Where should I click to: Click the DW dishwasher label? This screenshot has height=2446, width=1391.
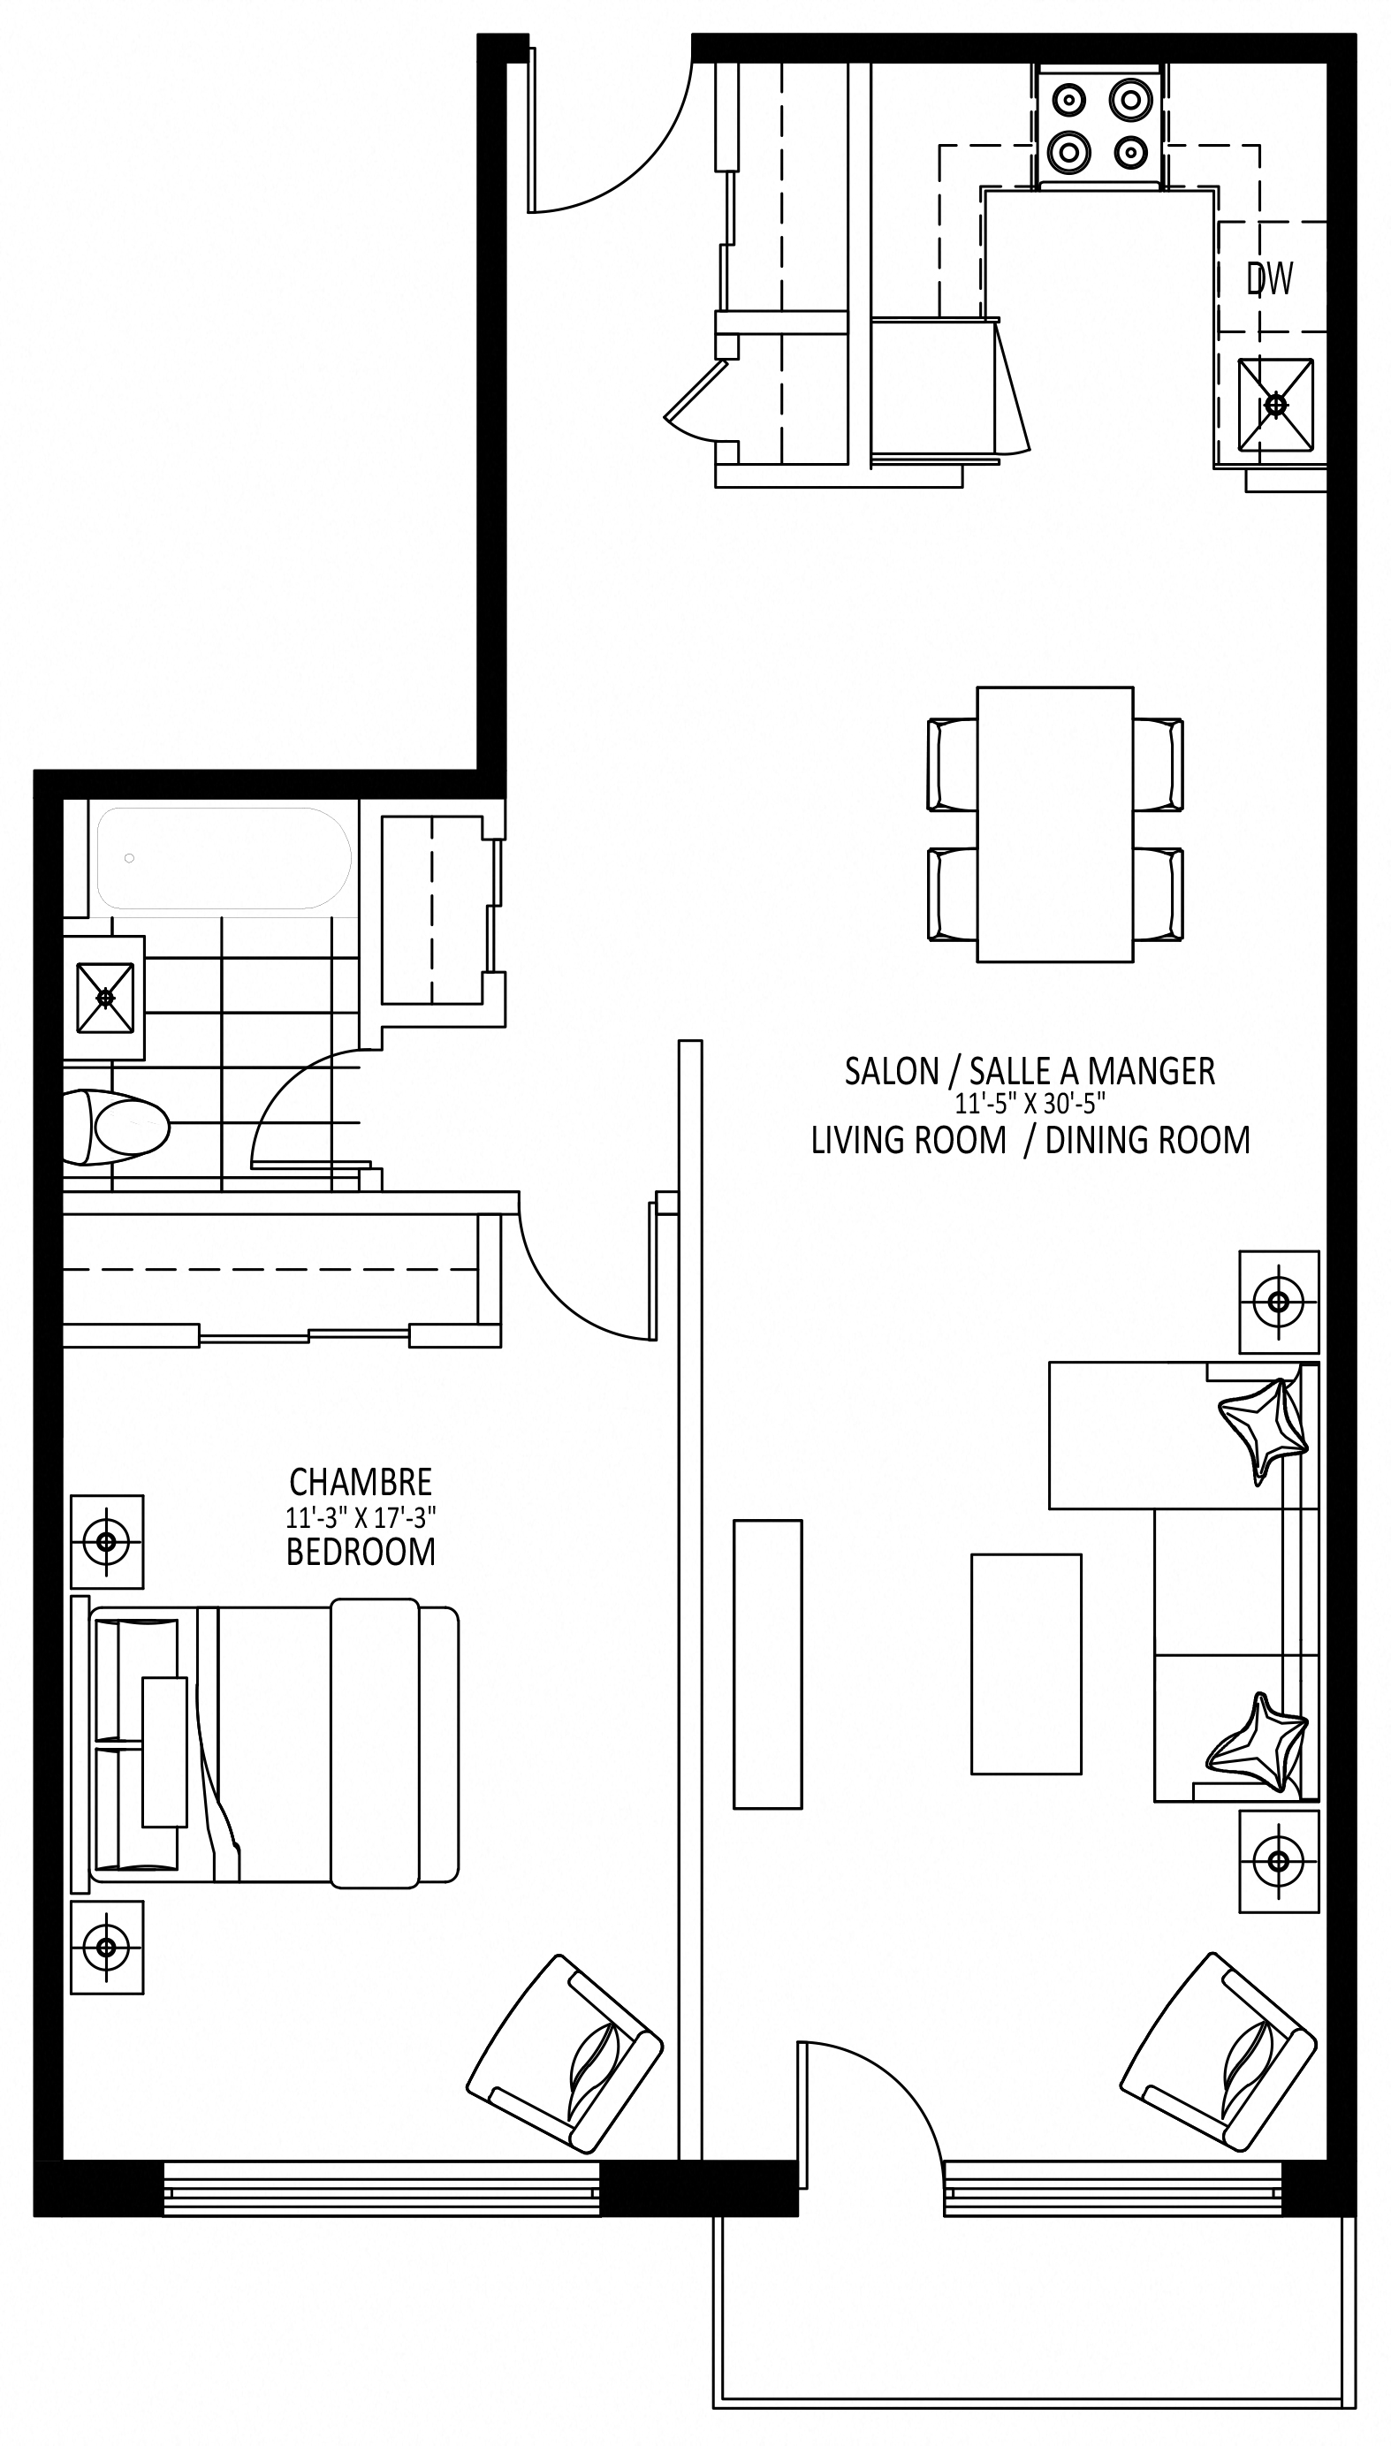1270,278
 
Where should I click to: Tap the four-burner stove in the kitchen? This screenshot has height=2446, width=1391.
1098,125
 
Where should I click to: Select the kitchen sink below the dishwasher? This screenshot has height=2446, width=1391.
1275,404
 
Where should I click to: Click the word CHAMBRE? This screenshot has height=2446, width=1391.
361,1482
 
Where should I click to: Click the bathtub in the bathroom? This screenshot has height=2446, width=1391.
224,858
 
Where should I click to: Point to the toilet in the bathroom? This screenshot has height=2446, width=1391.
116,1128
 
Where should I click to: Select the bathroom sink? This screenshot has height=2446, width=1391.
105,998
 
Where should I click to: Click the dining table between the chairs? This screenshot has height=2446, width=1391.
1054,824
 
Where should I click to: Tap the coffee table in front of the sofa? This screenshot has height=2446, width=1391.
1026,1664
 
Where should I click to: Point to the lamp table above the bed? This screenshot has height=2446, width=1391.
107,1541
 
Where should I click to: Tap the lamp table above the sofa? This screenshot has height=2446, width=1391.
1280,1302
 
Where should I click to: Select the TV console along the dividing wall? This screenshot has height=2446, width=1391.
768,1664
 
